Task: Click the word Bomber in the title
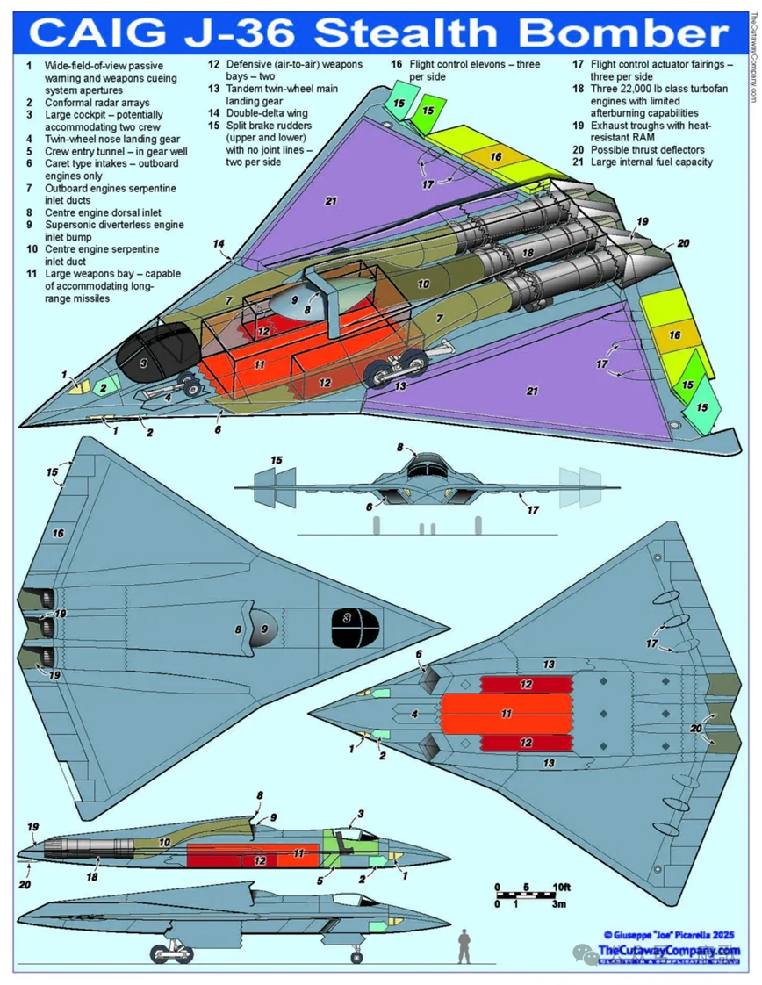click(620, 32)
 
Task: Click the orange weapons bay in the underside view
click(506, 714)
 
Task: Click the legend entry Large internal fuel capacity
click(652, 162)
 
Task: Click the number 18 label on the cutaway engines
click(528, 251)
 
